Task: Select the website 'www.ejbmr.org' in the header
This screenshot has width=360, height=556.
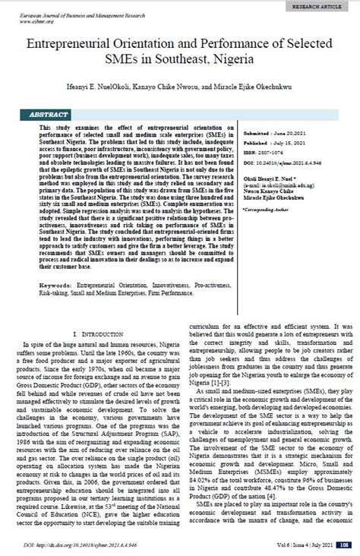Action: point(29,21)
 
